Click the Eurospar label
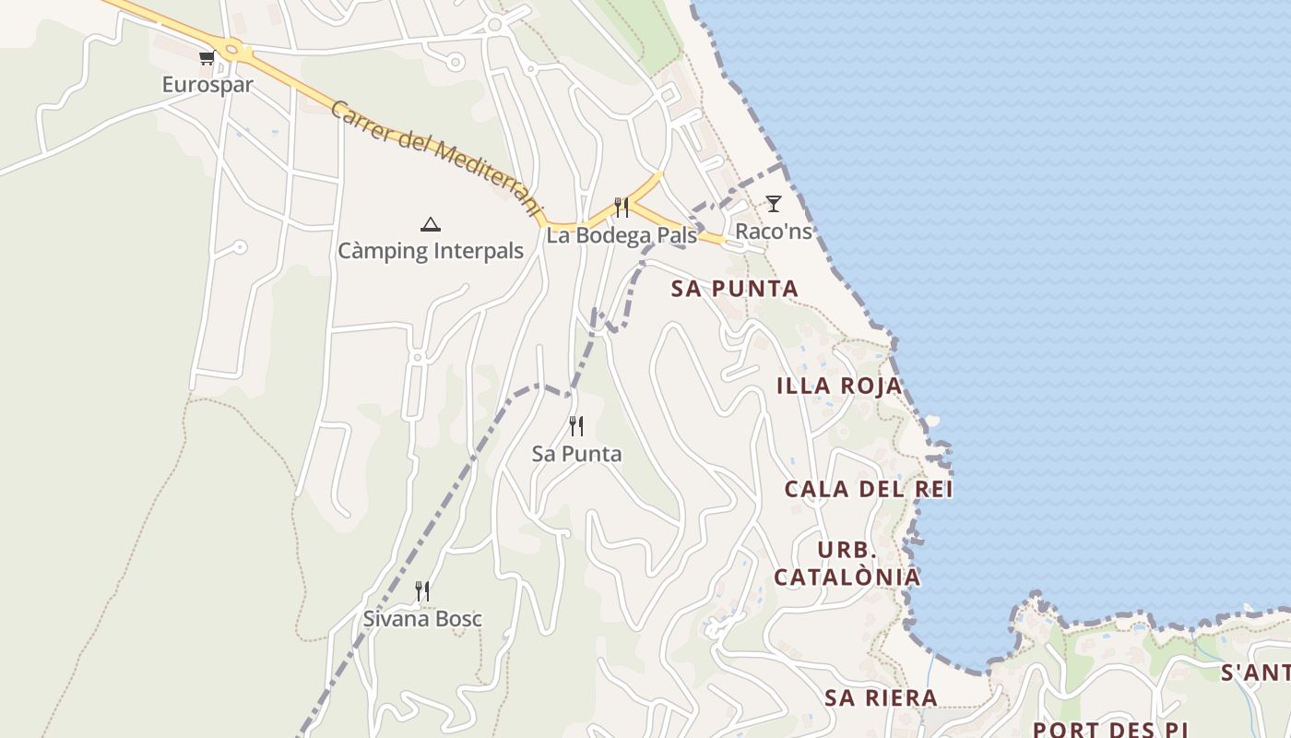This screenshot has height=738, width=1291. click(x=207, y=85)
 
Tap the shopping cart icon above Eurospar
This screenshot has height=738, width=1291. click(x=207, y=58)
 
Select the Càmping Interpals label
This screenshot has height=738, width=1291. click(x=431, y=251)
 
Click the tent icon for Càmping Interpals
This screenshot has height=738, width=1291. click(x=430, y=224)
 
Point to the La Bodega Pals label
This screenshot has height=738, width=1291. click(x=622, y=235)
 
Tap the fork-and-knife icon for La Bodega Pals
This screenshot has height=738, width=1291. click(x=622, y=208)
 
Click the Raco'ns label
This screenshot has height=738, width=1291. click(x=774, y=231)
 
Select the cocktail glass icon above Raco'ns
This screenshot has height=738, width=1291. click(x=774, y=204)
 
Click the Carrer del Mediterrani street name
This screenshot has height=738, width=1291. click(x=434, y=159)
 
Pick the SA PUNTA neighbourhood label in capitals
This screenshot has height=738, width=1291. click(x=735, y=289)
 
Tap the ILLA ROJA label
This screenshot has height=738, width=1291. click(x=839, y=386)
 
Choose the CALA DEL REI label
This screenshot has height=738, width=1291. click(x=869, y=489)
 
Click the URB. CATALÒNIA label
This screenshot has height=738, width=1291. click(x=847, y=564)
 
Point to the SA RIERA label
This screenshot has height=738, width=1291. click(x=882, y=698)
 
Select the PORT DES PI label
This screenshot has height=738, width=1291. click(x=1110, y=729)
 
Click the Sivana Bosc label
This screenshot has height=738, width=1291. click(x=422, y=619)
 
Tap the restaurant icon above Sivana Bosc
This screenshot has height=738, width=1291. click(x=422, y=591)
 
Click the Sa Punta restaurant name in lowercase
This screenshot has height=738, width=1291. click(x=577, y=454)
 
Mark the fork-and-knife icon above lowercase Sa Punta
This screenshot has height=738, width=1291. click(x=576, y=426)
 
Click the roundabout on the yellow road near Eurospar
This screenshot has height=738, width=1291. click(x=231, y=51)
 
